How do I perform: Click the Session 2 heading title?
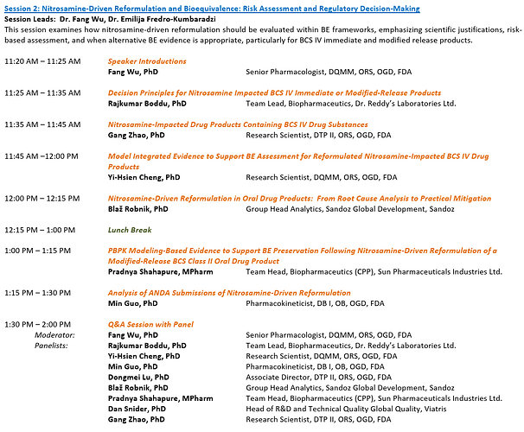[212, 8]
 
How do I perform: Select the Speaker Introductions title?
[147, 62]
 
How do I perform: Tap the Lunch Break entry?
[131, 230]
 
